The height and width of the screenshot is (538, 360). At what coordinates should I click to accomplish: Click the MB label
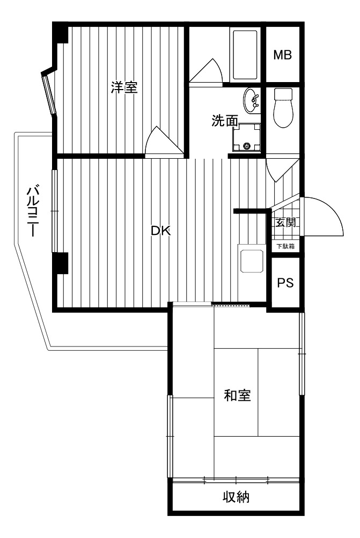(282, 55)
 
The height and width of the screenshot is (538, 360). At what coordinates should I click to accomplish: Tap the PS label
(285, 283)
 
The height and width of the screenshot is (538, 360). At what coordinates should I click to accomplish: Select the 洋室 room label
(124, 87)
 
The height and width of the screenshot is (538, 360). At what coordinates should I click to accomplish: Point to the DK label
(161, 231)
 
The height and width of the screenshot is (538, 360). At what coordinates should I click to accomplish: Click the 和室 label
(237, 396)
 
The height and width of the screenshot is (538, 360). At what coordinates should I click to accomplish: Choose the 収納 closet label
(236, 497)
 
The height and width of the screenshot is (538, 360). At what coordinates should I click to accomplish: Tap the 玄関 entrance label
(285, 223)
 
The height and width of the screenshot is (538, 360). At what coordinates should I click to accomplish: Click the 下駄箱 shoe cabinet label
(285, 246)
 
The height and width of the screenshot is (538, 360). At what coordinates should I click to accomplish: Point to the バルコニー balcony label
(33, 211)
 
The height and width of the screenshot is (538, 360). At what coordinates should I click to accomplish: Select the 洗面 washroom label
(225, 121)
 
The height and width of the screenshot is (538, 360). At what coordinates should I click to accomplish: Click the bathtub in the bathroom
(245, 55)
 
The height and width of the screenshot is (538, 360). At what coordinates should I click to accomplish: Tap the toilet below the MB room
(283, 107)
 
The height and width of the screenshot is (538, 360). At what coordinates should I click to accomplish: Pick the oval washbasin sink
(252, 100)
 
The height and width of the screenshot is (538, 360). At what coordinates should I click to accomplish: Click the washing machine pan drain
(246, 146)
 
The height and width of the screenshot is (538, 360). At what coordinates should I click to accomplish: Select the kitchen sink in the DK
(252, 261)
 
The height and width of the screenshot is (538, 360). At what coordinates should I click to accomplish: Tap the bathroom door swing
(205, 71)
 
